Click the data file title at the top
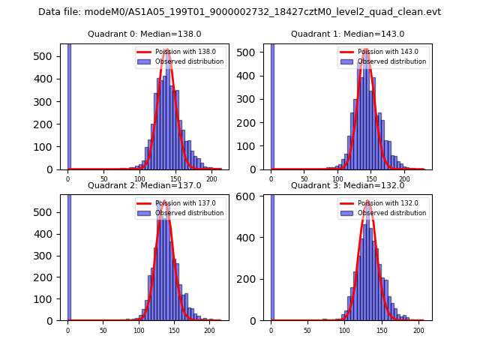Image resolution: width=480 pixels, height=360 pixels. pos(240,12)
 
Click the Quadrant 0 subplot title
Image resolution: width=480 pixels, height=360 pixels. pos(145,34)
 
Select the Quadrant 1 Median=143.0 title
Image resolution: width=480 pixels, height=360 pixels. pos(347,34)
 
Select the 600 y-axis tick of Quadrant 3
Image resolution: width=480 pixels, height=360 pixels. pos(251,195)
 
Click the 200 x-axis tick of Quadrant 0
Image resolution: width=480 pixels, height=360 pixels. pos(212,179)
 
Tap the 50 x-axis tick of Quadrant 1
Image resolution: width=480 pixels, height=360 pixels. pos(304,179)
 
